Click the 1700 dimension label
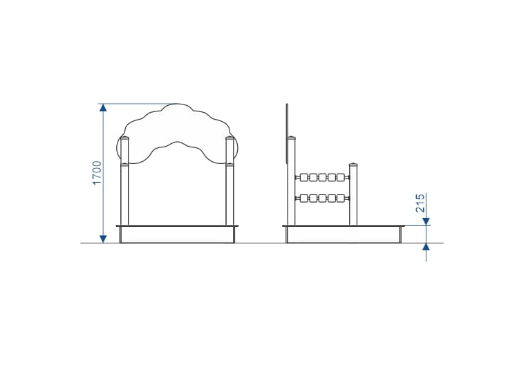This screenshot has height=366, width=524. [x=97, y=173]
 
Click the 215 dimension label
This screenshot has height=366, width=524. [x=420, y=203]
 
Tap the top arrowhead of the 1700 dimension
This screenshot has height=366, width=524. [x=103, y=107]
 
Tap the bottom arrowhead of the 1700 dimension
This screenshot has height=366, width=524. [x=103, y=239]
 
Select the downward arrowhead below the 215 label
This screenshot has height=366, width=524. [x=426, y=221]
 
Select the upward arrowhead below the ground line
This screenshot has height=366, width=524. [x=426, y=247]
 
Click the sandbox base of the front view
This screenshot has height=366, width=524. [x=177, y=234]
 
